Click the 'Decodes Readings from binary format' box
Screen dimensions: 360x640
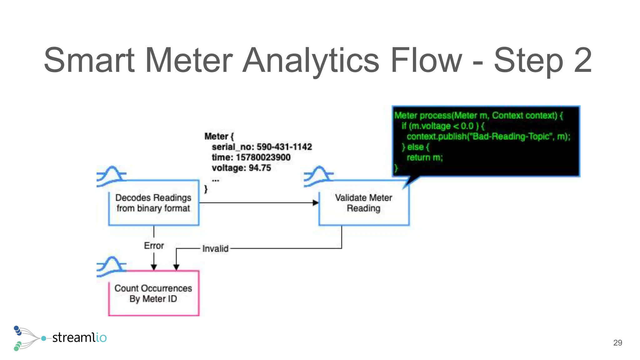click(x=153, y=203)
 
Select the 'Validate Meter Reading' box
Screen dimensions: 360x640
click(x=363, y=203)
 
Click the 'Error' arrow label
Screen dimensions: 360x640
click(x=154, y=246)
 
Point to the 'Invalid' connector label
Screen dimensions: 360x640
click(x=215, y=249)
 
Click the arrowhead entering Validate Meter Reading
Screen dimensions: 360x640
click(x=316, y=203)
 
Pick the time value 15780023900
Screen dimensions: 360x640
click(x=263, y=157)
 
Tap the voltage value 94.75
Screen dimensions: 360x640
click(x=260, y=168)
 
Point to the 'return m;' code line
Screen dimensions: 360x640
click(x=425, y=157)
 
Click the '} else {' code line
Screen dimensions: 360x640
click(x=416, y=147)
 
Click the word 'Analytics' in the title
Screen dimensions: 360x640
click(x=311, y=60)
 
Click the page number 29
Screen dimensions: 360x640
click(x=617, y=343)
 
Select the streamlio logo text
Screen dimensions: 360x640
click(x=79, y=337)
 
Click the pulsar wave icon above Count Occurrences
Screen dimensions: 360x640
click(x=111, y=267)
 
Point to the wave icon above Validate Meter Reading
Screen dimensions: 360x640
click(x=318, y=176)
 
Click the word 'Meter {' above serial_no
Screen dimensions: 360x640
click(x=219, y=136)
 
